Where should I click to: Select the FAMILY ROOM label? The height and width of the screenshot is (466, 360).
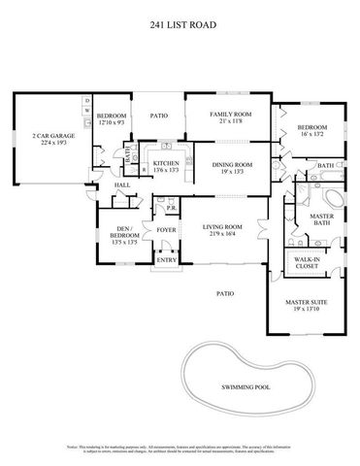(231, 115)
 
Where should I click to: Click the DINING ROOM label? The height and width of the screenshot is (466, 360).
(231, 165)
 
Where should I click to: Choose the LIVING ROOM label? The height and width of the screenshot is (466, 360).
(221, 226)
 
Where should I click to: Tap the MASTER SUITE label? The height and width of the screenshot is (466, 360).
(306, 302)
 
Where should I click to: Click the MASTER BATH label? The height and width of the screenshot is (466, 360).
(321, 218)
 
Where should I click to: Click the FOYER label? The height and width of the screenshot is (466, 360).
(165, 230)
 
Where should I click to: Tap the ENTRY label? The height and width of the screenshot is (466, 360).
(166, 259)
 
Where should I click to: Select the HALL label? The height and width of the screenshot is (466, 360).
(122, 184)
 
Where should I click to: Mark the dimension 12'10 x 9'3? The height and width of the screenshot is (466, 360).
(113, 123)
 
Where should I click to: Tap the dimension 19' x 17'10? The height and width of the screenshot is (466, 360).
(306, 310)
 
